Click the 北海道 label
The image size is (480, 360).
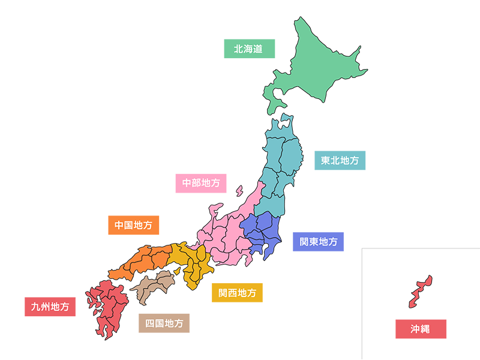point(248,49)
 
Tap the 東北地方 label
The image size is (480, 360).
point(340,161)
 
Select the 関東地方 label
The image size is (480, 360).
point(319,242)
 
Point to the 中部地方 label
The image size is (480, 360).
point(201,182)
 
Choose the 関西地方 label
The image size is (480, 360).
point(237,293)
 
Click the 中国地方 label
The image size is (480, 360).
point(133,226)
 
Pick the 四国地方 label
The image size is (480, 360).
point(164,323)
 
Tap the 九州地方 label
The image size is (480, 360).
point(50,307)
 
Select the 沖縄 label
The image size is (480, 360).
point(420,329)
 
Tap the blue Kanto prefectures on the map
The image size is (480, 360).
point(261,234)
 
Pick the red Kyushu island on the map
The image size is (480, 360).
point(108,303)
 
